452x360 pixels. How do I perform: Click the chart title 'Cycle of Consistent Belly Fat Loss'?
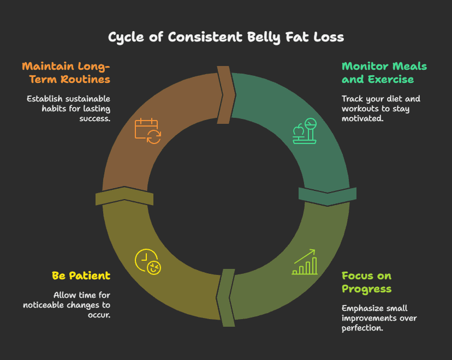[x=226, y=37]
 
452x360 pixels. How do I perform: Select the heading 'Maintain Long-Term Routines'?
[x=66, y=73]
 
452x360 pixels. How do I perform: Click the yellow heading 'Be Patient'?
[x=81, y=275]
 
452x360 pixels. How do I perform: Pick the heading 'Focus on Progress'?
[x=366, y=282]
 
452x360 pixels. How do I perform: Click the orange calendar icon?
[x=147, y=131]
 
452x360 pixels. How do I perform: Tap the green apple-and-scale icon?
[x=305, y=131]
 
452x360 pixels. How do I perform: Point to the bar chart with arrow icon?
[x=305, y=262]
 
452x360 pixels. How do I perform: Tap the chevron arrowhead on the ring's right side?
[x=328, y=196]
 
